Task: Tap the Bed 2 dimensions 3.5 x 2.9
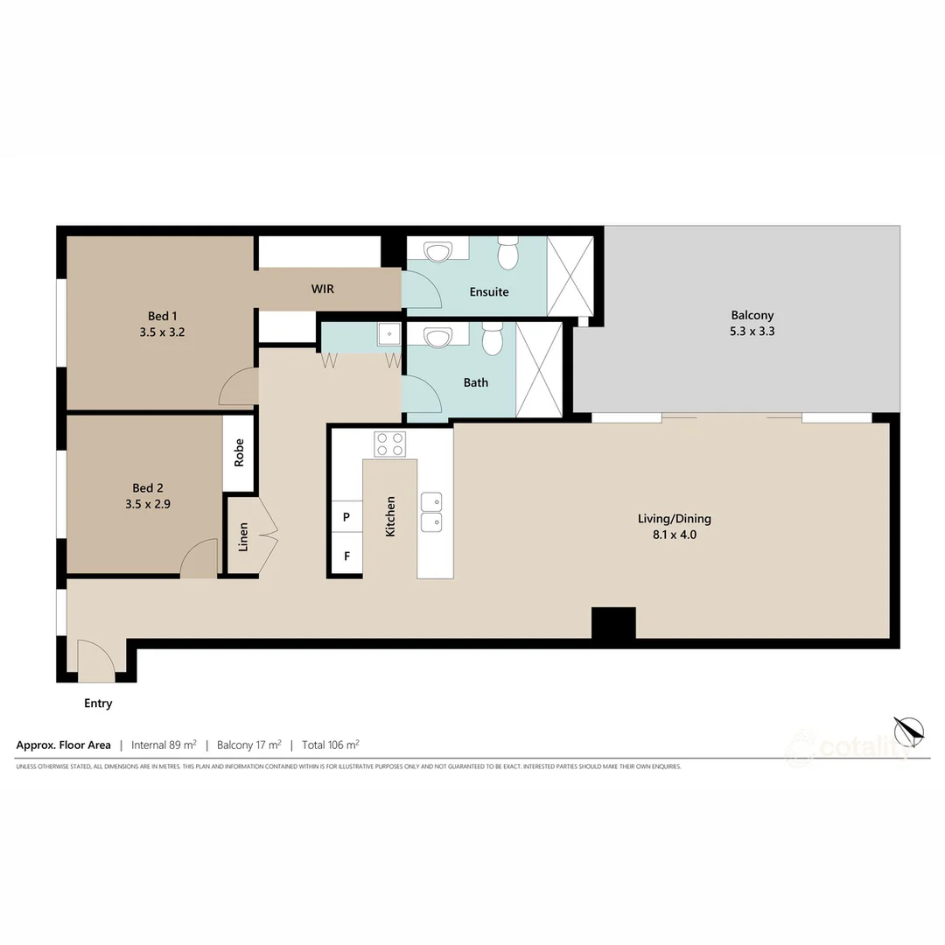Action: [148, 505]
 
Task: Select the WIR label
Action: [323, 289]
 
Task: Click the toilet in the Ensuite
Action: [508, 254]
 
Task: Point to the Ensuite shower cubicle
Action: [570, 276]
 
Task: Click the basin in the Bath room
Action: [437, 338]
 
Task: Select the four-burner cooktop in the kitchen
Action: [390, 444]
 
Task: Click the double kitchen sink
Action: [431, 512]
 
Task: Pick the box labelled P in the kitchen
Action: [346, 517]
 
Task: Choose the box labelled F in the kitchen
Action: [346, 556]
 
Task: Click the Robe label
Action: [239, 452]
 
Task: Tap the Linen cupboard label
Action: [243, 536]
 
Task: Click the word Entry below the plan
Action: [98, 703]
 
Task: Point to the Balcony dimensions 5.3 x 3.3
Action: [752, 332]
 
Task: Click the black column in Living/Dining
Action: [613, 624]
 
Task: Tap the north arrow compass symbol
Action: [908, 731]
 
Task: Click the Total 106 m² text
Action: [330, 745]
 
